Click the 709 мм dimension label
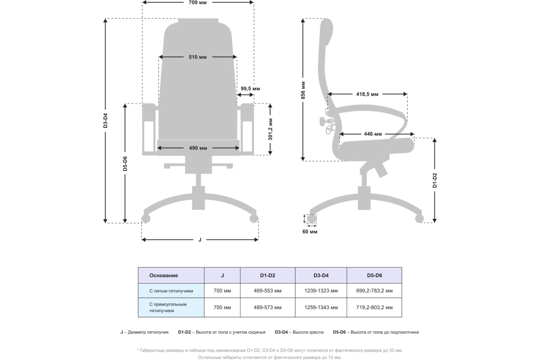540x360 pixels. point(198,2)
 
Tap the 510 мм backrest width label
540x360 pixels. point(198,57)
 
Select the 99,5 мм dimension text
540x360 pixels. point(250,88)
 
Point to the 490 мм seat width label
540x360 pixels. point(198,148)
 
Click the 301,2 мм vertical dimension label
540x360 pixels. point(270,129)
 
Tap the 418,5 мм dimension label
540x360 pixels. point(367,94)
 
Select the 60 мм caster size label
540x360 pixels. point(310,232)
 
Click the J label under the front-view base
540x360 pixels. point(200,239)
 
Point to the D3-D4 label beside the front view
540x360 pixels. point(105,121)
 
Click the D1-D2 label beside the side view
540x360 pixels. point(435,180)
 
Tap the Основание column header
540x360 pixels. point(164,275)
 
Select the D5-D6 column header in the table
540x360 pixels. point(374,275)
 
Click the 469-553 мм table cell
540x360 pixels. point(267,291)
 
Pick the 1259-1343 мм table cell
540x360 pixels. point(321,308)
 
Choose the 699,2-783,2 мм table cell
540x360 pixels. point(374,291)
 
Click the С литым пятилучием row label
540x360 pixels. point(171,291)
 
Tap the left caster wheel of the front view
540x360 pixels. point(145,219)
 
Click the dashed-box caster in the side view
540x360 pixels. point(311,219)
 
